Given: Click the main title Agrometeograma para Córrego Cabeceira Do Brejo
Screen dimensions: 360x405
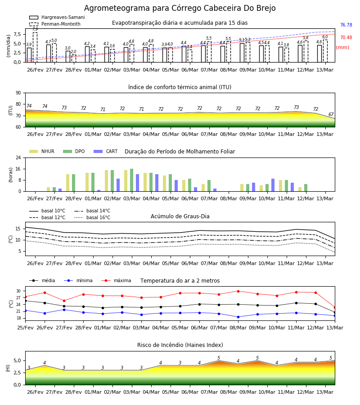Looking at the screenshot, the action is click(180, 8).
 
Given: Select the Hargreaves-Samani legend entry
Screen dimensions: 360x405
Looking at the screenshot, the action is click(57, 17).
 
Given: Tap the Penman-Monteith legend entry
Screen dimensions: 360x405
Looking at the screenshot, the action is click(55, 24).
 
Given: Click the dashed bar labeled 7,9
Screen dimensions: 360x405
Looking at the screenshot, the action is click(35, 47).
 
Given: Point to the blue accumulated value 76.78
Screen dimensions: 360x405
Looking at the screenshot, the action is click(346, 25).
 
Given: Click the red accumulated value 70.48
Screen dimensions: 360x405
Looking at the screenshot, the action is click(346, 37).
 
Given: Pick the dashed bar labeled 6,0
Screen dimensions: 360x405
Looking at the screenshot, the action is click(325, 51).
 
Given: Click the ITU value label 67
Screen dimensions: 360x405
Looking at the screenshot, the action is click(331, 114).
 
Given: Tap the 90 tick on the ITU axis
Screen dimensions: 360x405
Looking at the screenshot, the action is click(18, 93).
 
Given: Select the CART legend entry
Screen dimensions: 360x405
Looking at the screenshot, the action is click(106, 151).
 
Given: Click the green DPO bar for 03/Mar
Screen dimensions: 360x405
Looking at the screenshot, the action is click(132, 180).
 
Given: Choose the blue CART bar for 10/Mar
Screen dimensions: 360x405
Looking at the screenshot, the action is click(273, 185).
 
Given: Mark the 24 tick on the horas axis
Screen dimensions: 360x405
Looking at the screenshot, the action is click(18, 157).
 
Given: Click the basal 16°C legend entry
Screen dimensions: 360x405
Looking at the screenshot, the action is click(92, 217).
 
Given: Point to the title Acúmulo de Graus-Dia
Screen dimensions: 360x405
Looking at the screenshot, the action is click(180, 216).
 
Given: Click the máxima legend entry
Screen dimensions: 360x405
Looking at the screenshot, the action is click(116, 280).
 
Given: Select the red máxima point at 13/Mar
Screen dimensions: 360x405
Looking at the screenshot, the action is click(335, 308).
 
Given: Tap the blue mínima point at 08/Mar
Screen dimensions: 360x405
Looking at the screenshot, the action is click(238, 317).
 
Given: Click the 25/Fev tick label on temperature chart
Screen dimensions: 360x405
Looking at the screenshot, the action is click(25, 328).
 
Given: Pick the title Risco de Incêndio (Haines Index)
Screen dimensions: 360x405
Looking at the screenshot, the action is click(180, 345).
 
